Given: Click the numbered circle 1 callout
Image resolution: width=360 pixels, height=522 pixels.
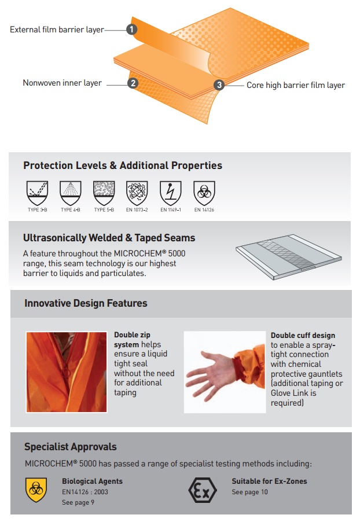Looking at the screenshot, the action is [x=131, y=30].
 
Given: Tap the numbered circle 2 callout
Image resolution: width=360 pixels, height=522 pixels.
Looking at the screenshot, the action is [x=133, y=83].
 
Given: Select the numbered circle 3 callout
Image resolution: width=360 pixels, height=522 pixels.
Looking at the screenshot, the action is [x=219, y=85].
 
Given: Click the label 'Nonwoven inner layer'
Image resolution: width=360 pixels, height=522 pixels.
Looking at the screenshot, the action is [x=63, y=83].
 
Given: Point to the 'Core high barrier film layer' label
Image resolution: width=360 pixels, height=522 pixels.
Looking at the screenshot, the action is [x=296, y=85].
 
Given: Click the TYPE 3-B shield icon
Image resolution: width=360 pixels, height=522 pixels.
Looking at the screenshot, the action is [x=37, y=193].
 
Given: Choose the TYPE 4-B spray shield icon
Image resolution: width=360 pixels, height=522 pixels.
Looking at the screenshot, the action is [x=71, y=193].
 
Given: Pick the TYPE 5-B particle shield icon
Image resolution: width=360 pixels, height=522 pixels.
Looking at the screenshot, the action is [x=104, y=193].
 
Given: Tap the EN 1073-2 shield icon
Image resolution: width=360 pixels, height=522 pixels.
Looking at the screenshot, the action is [x=137, y=193].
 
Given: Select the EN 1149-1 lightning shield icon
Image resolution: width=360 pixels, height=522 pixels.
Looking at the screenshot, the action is [x=171, y=193].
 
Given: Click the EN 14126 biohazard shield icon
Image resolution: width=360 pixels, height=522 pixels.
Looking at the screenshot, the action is [x=204, y=193].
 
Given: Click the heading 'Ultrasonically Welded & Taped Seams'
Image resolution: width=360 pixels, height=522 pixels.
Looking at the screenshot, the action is [x=109, y=238].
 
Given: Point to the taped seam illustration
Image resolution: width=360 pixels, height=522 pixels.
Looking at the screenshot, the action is [x=289, y=257].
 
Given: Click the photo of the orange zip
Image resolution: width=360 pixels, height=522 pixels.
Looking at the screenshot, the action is [x=67, y=372].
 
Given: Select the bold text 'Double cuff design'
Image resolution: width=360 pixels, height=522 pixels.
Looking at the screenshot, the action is [x=303, y=335].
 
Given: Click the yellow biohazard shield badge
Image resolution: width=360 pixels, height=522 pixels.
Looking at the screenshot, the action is [x=36, y=490].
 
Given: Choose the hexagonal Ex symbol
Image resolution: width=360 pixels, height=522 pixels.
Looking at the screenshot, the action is [x=203, y=490].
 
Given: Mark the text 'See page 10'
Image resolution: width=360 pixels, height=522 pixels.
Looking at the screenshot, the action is [x=250, y=492].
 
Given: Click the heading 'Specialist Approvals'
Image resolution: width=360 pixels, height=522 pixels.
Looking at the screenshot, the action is [x=70, y=447].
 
